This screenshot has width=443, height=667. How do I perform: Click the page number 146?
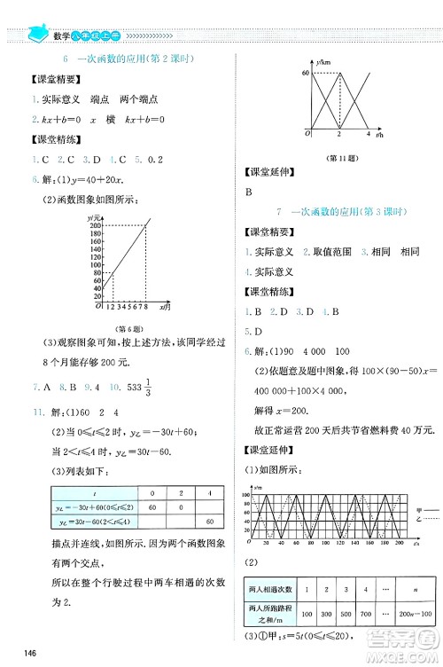(30, 653)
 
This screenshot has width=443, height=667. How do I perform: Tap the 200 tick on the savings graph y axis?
(94, 226)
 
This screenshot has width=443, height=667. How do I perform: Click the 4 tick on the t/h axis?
(367, 133)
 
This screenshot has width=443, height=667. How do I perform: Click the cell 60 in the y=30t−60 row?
(208, 522)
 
